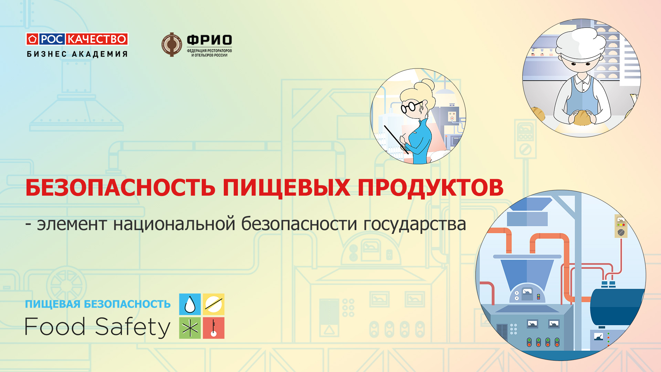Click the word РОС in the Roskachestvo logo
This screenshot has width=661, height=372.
coord(52,39)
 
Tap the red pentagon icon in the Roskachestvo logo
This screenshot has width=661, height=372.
coord(32,39)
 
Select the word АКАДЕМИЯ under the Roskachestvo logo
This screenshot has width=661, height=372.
coord(100,54)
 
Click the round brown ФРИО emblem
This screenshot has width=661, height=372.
coord(171,45)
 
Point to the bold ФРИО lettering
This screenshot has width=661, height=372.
coord(209,40)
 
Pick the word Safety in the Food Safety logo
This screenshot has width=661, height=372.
coord(133,327)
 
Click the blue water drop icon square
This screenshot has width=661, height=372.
coord(190,304)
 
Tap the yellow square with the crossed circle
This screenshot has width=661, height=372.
coord(213,304)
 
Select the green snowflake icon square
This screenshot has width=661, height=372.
coord(190,328)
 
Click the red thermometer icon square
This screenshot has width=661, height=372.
coord(213,328)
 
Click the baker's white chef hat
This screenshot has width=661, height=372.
coord(581,43)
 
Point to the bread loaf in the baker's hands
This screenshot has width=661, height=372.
coord(582,117)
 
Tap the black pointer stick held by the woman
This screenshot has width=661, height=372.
coord(396,139)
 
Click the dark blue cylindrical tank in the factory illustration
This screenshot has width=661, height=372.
coord(616,307)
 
